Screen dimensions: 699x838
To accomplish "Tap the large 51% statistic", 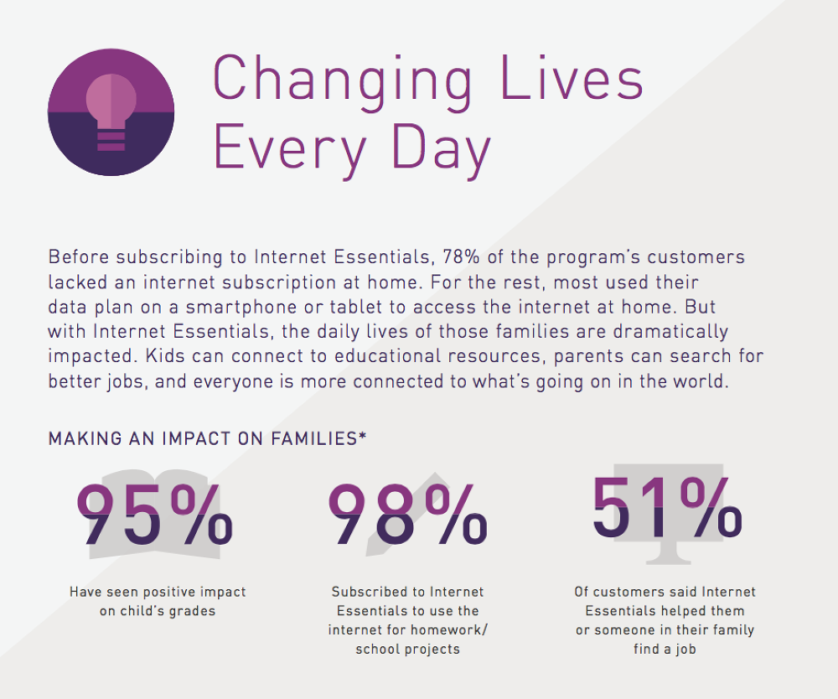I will (667, 507).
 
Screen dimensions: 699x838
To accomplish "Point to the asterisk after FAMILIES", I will (362, 436).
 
